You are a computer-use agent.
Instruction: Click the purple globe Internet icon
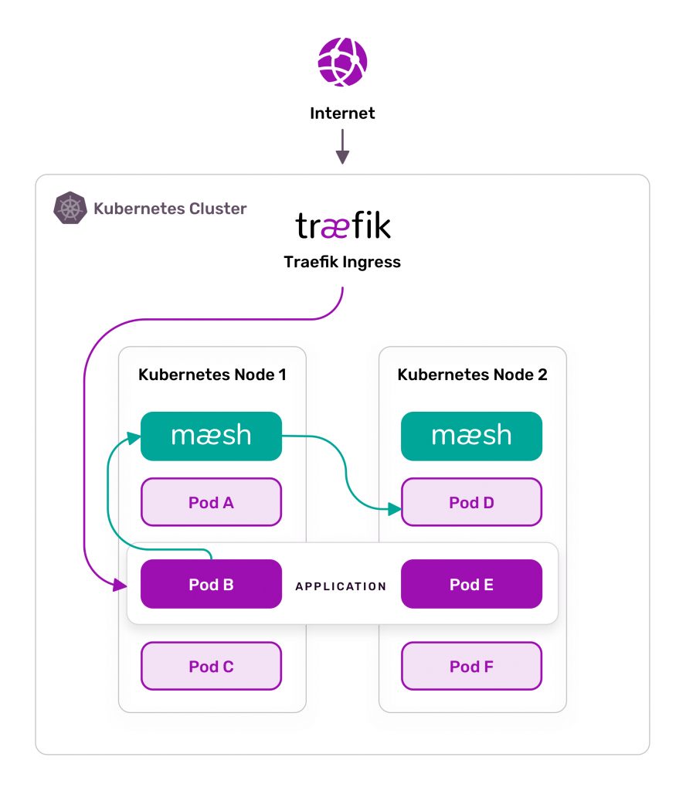(342, 62)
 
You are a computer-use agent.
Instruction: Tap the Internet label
(342, 113)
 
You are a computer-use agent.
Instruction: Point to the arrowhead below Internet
(342, 157)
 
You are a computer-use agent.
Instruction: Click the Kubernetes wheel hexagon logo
(70, 208)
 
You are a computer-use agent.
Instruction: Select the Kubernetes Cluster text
(170, 209)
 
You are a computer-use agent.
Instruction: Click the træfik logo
(343, 225)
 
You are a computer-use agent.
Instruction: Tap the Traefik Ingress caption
(342, 262)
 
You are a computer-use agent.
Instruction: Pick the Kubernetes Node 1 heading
(212, 375)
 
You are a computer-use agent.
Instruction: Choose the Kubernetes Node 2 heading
(473, 375)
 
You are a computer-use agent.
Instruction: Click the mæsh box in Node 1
(212, 436)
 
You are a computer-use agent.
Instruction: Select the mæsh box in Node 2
(471, 436)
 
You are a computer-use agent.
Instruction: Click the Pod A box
(212, 502)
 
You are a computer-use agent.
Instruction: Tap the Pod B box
(212, 584)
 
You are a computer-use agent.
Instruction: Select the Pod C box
(212, 666)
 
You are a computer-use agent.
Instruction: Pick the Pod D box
(471, 502)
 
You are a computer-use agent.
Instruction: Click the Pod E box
(471, 584)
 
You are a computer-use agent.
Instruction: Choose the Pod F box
(471, 666)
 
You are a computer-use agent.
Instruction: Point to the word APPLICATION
(341, 586)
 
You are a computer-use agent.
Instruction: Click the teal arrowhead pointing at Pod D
(395, 508)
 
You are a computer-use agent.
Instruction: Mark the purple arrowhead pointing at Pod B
(120, 586)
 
